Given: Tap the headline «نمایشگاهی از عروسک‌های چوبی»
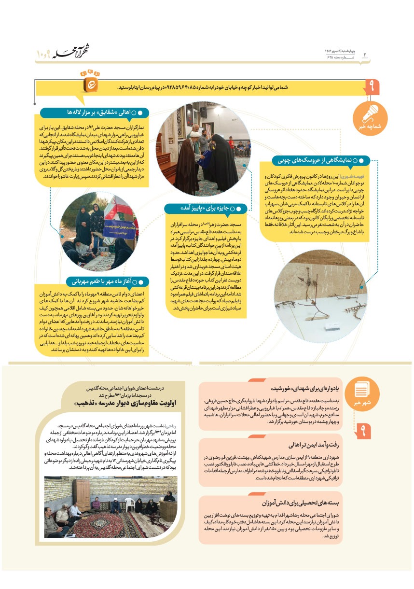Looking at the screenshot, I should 319,160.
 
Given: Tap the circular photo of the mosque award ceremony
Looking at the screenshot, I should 204,148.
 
